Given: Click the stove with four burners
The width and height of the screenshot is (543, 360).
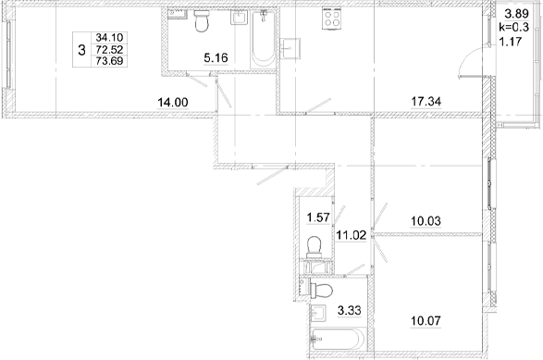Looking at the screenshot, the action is (331, 19).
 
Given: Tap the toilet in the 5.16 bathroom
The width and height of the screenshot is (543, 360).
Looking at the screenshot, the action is (202, 20).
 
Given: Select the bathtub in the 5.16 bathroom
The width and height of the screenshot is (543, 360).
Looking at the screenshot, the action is (263, 39).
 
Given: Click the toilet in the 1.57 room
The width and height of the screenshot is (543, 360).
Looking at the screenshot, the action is (315, 247).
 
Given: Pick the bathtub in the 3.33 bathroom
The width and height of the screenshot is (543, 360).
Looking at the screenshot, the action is (338, 339).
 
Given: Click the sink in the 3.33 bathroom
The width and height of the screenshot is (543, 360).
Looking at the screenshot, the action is (318, 314).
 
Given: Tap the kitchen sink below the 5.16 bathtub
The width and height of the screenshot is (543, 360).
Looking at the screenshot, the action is (290, 48).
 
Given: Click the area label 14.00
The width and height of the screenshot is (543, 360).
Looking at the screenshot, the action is (173, 102).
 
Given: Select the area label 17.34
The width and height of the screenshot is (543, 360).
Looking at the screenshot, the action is (426, 102).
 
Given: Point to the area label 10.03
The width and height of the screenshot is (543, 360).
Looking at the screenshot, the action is (426, 220).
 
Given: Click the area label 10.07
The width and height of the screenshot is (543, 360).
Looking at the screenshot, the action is (426, 321).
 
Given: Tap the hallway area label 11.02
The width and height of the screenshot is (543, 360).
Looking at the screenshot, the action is (352, 235).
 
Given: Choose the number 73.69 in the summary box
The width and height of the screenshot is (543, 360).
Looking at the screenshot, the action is (109, 61).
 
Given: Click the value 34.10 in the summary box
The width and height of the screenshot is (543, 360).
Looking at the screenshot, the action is (109, 37).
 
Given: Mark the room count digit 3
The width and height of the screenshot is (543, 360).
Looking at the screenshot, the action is (81, 50).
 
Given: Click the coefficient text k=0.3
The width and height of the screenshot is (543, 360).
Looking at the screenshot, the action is (514, 28).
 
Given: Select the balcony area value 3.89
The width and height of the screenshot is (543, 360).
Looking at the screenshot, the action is (517, 14).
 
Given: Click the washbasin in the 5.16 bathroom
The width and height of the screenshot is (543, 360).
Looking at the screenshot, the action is (240, 18).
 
